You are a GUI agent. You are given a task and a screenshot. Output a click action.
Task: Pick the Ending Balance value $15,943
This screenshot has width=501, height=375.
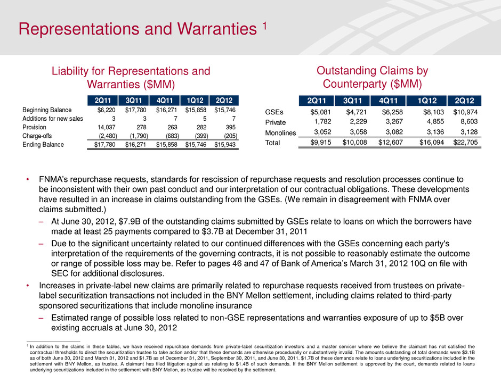[225, 145]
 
